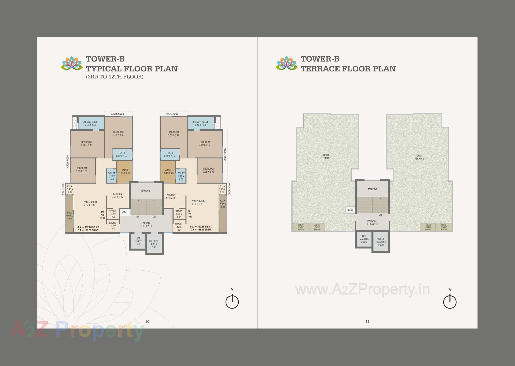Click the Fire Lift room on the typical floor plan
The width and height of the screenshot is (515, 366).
pyautogui.click(x=154, y=244)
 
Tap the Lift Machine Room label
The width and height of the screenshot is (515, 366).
pyautogui.click(x=364, y=239)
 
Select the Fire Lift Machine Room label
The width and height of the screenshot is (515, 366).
pyautogui.click(x=381, y=242)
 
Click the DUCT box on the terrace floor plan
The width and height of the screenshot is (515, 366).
pyautogui.click(x=350, y=210)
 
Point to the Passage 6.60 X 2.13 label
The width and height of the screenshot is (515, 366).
pyautogui.click(x=146, y=224)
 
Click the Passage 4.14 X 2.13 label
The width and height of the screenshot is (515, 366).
pyautogui.click(x=372, y=222)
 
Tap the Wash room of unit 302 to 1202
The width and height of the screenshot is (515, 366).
pyautogui.click(x=125, y=172)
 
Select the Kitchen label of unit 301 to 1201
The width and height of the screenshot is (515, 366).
pyautogui.click(x=171, y=196)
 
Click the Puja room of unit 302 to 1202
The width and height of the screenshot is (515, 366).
pyautogui.click(x=70, y=189)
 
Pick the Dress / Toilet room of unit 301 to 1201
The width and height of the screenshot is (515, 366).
pyautogui.click(x=200, y=123)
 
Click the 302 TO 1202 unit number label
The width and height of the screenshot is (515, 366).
pyautogui.click(x=102, y=215)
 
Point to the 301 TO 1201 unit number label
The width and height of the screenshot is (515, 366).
pyautogui.click(x=190, y=214)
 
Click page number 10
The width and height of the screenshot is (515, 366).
pyautogui.click(x=147, y=321)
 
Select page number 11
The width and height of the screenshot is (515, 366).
pyautogui.click(x=367, y=321)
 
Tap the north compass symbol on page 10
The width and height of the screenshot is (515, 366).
pyautogui.click(x=232, y=301)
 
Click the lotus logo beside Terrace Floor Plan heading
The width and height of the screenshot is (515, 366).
pyautogui.click(x=286, y=64)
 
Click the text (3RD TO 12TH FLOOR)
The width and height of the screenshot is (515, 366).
pyautogui.click(x=115, y=77)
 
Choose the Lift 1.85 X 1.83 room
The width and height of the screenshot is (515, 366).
pyautogui.click(x=138, y=241)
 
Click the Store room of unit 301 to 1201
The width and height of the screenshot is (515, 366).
pyautogui.click(x=179, y=214)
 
